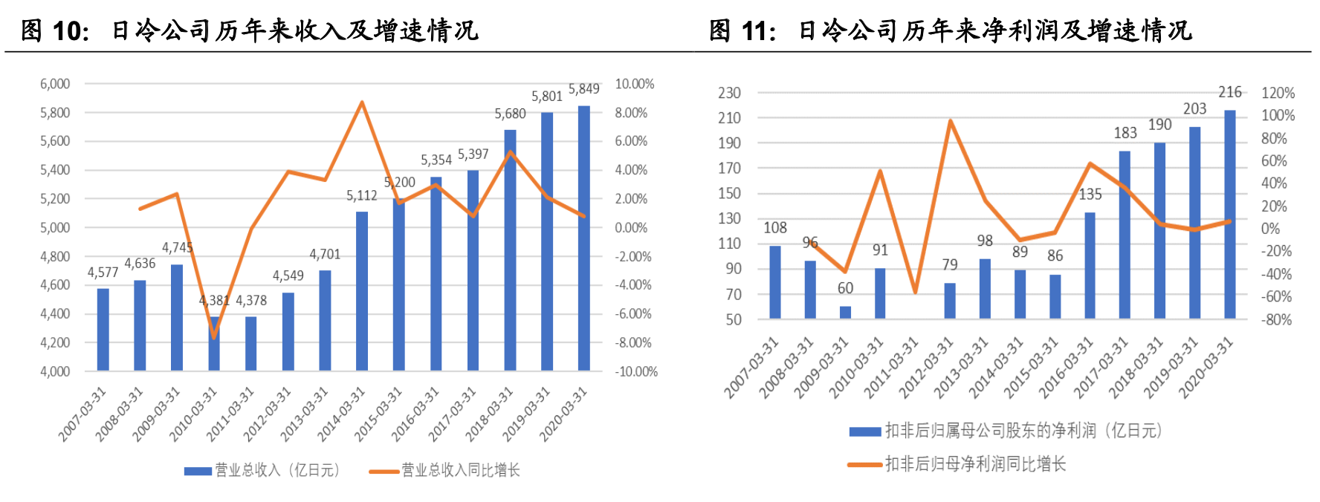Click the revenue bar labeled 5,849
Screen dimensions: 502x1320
584,238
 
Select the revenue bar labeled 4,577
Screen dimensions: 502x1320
103,329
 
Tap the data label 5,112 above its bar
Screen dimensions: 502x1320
362,196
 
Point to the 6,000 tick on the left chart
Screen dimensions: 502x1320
55,84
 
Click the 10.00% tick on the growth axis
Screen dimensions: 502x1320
634,84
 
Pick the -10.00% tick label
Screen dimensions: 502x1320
635,371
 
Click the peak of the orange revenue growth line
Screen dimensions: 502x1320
362,102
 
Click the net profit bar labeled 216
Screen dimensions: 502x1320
1230,215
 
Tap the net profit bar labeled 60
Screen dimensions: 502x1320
845,312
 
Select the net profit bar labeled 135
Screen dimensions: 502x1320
1090,265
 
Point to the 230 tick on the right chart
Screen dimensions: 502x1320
729,93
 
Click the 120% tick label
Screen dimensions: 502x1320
1278,93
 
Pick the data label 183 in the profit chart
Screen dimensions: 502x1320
1125,133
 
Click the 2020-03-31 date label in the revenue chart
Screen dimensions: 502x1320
563,414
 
